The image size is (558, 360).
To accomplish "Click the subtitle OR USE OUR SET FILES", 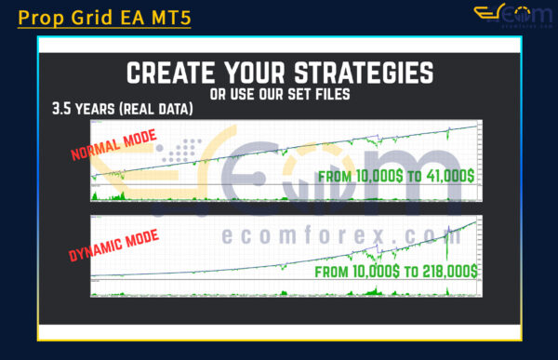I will pos(279,95).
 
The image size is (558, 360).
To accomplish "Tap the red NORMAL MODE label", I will pos(114,148).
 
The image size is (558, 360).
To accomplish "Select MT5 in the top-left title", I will pos(170,17).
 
